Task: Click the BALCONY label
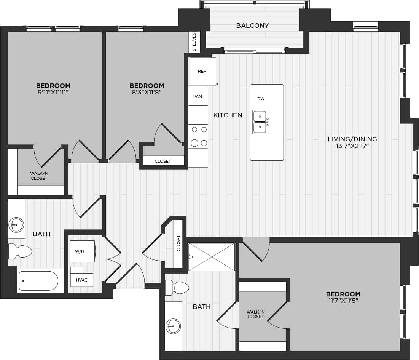(252, 26)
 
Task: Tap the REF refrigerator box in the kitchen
(202, 72)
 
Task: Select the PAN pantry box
(198, 96)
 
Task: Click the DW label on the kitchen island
(261, 99)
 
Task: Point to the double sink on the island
(261, 122)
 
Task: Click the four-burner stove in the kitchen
(199, 136)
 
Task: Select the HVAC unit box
(81, 280)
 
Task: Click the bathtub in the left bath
(38, 281)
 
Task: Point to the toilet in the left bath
(21, 251)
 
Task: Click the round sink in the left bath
(16, 224)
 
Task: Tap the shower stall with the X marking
(212, 257)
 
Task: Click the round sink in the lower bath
(173, 326)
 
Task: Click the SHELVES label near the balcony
(194, 42)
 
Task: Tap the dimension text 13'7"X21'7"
(352, 146)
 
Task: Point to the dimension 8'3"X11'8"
(147, 92)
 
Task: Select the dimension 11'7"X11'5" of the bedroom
(343, 301)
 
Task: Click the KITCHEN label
(228, 115)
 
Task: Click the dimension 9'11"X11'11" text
(53, 92)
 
